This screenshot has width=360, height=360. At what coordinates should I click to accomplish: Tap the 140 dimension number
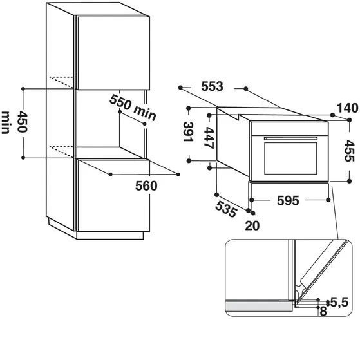tap(346, 108)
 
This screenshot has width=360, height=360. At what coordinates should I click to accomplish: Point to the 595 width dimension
tap(287, 201)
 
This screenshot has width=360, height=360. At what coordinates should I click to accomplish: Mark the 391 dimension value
tap(188, 133)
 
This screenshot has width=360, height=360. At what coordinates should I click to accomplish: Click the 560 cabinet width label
tap(147, 185)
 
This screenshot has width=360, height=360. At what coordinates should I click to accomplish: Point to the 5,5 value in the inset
tap(339, 301)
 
